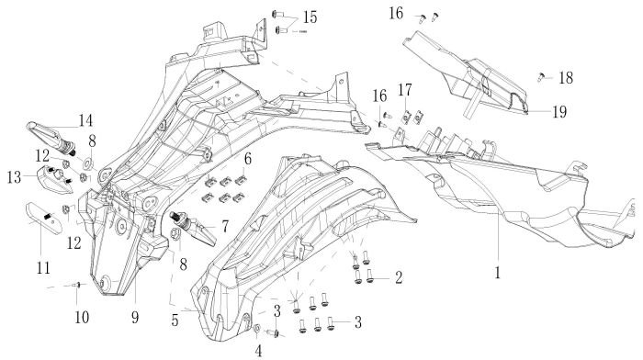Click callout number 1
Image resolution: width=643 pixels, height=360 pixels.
click(498, 272)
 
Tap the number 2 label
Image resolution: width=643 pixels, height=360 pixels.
click(399, 277)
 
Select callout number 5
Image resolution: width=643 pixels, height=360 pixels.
click(175, 320)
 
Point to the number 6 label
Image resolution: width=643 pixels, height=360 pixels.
click(248, 159)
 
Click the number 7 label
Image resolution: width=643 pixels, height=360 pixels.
click(225, 227)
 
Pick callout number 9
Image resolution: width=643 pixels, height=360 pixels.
click(135, 317)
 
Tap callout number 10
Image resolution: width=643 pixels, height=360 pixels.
click(82, 317)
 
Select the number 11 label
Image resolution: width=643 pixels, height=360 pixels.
click(43, 268)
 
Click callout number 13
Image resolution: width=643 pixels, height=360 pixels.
click(14, 177)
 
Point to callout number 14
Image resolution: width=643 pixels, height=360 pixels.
click(85, 120)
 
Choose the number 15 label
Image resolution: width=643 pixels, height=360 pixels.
click(310, 17)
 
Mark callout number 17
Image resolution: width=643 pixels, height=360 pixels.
click(405, 90)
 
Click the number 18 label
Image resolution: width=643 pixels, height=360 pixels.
click(566, 77)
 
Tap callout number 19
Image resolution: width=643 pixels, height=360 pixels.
click(559, 111)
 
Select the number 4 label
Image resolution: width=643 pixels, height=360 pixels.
click(258, 351)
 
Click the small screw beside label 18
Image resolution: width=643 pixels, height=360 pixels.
click(541, 76)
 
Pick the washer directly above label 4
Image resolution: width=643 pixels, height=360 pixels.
click(257, 328)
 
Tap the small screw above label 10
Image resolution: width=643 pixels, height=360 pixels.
click(76, 285)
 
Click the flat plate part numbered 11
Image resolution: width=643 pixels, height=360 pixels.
click(44, 217)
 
